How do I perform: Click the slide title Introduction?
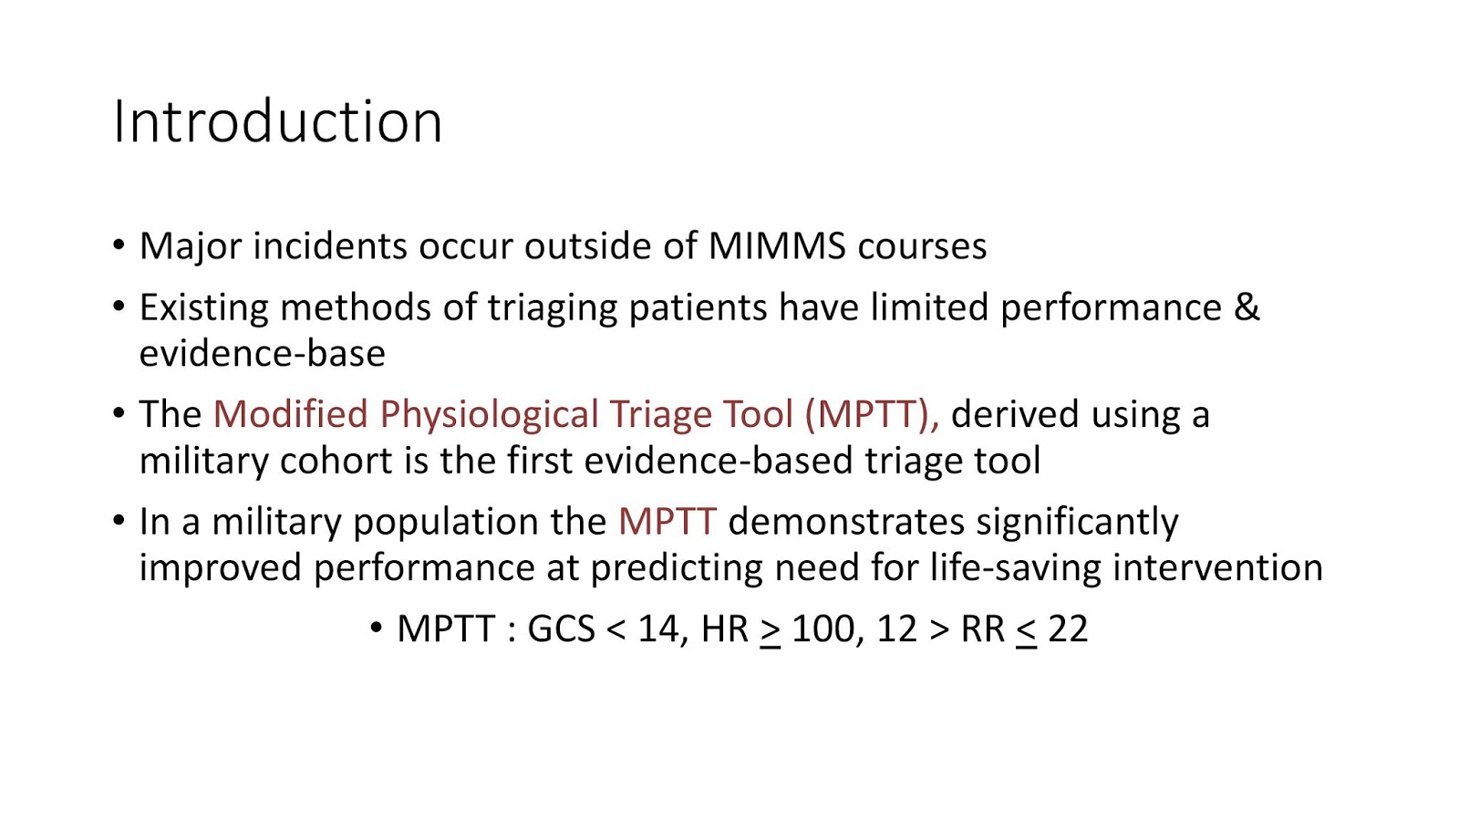277,122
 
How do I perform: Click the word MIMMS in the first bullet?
777,246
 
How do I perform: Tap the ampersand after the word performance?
1247,307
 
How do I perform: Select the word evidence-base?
263,354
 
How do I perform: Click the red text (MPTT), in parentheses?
872,414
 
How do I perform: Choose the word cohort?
336,461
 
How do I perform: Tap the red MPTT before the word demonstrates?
667,521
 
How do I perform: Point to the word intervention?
1218,567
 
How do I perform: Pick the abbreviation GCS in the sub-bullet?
561,629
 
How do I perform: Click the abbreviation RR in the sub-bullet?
983,629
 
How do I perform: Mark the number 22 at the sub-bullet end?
1068,629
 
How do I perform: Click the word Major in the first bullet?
191,247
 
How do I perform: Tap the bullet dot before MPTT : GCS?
376,629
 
